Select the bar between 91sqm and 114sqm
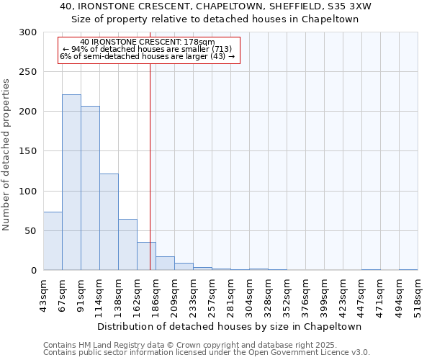click(x=90, y=188)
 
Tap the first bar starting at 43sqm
click(x=53, y=241)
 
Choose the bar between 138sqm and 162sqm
click(x=127, y=245)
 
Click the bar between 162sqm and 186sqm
click(x=146, y=256)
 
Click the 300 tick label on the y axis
click(x=28, y=32)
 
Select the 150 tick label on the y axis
click(x=28, y=151)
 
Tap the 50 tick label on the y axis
click(x=31, y=231)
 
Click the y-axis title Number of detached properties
click(x=6, y=155)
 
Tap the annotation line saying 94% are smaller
click(x=147, y=49)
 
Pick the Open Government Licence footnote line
click(x=206, y=352)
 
